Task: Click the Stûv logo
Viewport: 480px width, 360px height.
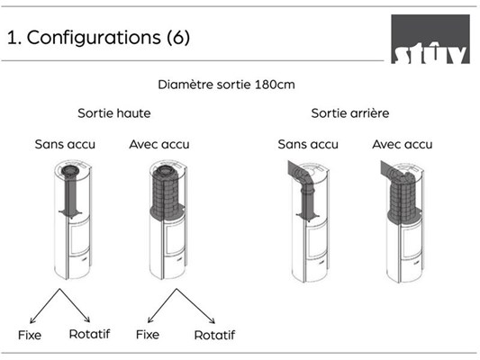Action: [x=430, y=39]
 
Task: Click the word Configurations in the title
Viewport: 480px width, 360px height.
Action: [x=94, y=38]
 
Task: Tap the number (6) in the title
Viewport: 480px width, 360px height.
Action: [x=178, y=38]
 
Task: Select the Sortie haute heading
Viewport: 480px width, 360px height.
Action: [x=114, y=113]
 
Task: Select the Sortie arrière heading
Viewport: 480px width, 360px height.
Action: [x=350, y=113]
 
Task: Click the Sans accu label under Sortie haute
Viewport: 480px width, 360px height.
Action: [x=65, y=144]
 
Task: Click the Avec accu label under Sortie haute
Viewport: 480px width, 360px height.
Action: [x=159, y=144]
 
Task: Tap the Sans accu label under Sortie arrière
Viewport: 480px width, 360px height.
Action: [x=308, y=144]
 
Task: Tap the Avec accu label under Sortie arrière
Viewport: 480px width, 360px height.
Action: [x=403, y=144]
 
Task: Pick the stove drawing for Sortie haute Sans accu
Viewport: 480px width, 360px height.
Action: [x=73, y=220]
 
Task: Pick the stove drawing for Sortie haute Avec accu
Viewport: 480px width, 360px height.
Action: [x=168, y=220]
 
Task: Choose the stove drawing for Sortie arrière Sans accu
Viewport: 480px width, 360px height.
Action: [x=309, y=221]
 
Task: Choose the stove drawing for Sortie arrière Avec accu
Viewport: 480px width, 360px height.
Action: [x=403, y=221]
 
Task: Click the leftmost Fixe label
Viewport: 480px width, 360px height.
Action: [x=30, y=335]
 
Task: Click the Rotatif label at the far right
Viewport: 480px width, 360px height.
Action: [x=214, y=335]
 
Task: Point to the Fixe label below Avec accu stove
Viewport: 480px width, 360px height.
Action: [x=148, y=335]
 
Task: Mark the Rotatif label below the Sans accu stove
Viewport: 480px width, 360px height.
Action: [x=89, y=334]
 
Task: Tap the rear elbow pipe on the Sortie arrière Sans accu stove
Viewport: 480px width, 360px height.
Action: [x=302, y=175]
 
